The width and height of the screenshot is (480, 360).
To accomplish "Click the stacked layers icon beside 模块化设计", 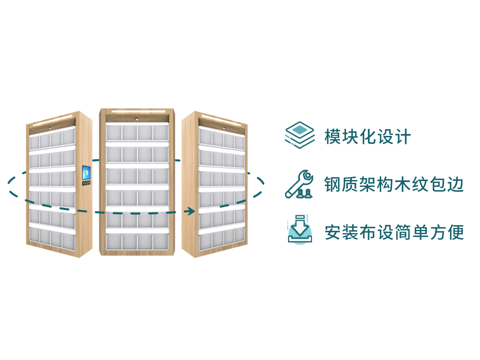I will coord(299,136).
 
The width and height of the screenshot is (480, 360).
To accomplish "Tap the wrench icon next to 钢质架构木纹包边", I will coord(299,184).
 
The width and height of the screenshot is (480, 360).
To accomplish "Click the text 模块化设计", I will coord(368,137).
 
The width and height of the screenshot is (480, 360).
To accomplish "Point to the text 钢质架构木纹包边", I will coord(394,185).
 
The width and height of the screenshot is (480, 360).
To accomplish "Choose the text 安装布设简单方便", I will coord(394,232).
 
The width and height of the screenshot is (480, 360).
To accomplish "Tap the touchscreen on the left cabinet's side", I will coord(86,173).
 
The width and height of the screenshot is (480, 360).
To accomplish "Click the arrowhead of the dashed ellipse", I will coord(191,211).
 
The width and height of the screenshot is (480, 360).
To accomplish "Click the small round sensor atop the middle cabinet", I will coord(137,119).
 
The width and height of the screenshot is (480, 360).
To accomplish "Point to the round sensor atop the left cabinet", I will coord(50,128).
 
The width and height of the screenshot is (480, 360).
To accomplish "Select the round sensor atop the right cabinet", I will coord(224,128).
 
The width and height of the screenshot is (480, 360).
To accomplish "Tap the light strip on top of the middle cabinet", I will coord(138,111).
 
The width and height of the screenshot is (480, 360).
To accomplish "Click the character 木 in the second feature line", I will coord(402,185).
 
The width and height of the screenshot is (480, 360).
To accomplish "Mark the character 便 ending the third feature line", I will coord(456,232).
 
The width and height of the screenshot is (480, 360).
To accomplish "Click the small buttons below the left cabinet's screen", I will coord(86,183).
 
